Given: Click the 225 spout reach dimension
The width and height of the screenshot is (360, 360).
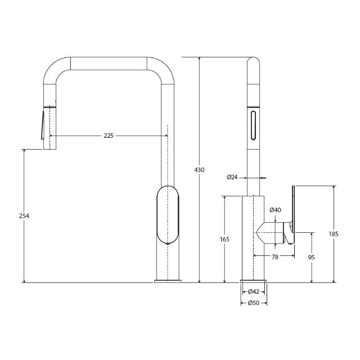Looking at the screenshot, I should coord(109,136).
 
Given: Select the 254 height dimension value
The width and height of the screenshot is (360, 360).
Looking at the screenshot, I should coord(24,215).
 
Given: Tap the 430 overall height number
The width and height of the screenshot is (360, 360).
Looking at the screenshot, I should coord(200,169).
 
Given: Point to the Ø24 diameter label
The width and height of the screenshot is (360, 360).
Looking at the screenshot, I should coord(232,177).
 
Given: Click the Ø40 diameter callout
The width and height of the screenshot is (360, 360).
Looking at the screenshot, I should coord(275,210).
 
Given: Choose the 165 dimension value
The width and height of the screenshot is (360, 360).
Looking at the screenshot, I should coord(224,239).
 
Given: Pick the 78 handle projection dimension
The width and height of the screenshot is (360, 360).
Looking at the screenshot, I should coord(274,256).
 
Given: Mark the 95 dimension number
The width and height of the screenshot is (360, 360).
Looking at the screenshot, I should coord(312,257).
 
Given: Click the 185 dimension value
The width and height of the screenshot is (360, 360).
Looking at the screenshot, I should coord(335,234).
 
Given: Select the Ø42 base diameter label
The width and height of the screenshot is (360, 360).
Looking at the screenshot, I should coord(254,291).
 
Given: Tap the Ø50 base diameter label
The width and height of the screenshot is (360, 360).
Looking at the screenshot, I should coord(254,303).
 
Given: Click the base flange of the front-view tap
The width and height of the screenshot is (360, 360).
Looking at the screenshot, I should coord(168,280).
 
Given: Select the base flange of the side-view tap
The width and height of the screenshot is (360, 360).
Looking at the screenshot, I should coord(254,280).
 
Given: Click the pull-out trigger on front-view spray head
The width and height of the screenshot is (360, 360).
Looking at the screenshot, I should coord(41,124).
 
